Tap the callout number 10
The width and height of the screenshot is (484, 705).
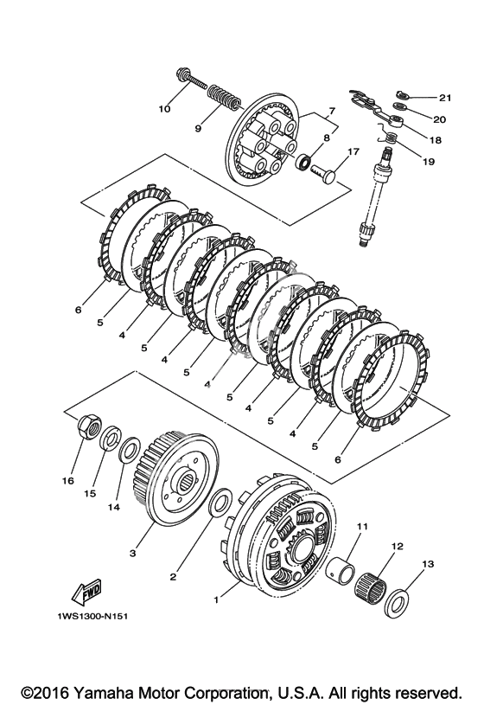click(164, 109)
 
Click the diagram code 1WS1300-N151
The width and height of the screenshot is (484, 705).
click(92, 616)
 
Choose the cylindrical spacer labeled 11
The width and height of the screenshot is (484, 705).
click(340, 567)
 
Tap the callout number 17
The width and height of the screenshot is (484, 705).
click(353, 151)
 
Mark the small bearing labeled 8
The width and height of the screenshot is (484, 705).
click(303, 161)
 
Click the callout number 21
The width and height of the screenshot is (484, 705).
click(445, 98)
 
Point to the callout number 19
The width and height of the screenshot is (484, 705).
click(429, 161)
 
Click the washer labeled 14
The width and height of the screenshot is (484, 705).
click(130, 450)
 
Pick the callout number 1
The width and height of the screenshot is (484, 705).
click(216, 599)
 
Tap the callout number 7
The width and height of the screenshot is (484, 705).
click(332, 111)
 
